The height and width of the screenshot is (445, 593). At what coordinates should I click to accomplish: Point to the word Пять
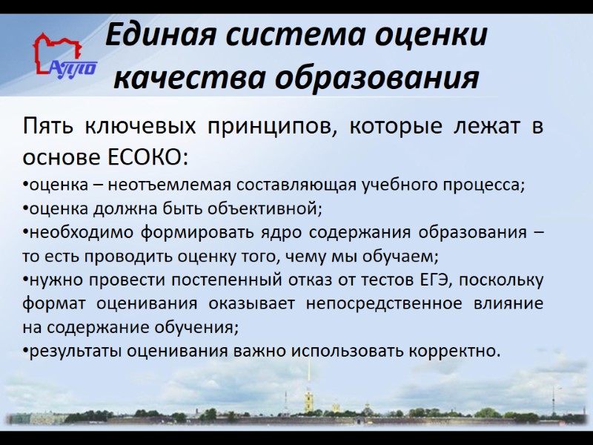(x=47, y=127)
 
